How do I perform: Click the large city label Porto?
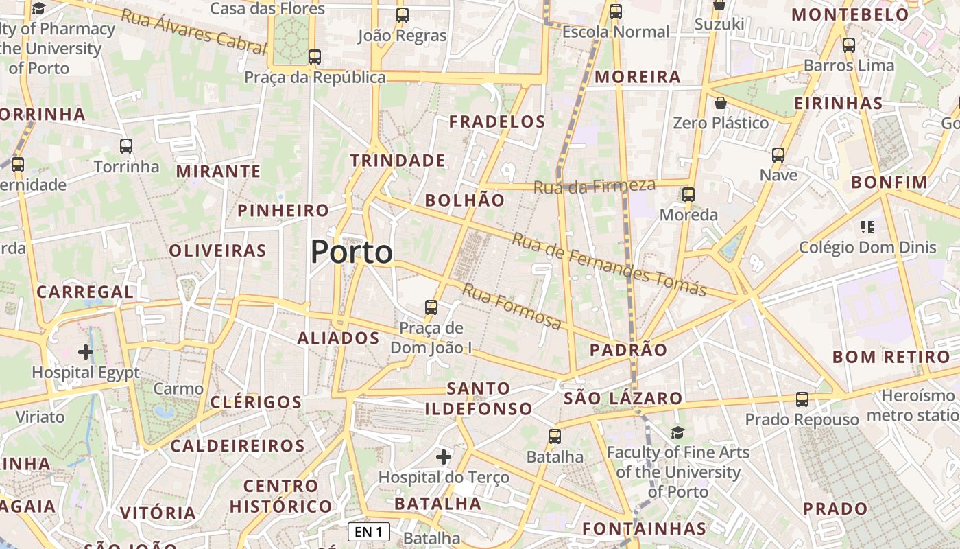[352, 252]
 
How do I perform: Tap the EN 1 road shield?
[368, 532]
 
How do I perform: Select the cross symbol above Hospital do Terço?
[444, 456]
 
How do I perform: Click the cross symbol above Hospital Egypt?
[86, 353]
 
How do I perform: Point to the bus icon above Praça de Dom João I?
[431, 307]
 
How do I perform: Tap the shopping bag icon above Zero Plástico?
[721, 104]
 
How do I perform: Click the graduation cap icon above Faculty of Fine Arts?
[677, 432]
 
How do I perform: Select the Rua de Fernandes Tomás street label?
[609, 265]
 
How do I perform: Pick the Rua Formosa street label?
[512, 305]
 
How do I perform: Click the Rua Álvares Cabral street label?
[193, 31]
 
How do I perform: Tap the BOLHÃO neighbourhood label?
[465, 200]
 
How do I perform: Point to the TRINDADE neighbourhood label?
[398, 161]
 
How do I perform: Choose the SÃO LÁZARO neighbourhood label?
[623, 398]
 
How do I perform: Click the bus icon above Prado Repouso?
[802, 399]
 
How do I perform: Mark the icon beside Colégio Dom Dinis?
[867, 227]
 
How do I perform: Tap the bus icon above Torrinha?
[126, 145]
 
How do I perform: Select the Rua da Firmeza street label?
[594, 186]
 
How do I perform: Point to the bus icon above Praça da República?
[315, 57]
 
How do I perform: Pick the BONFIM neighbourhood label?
[889, 183]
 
